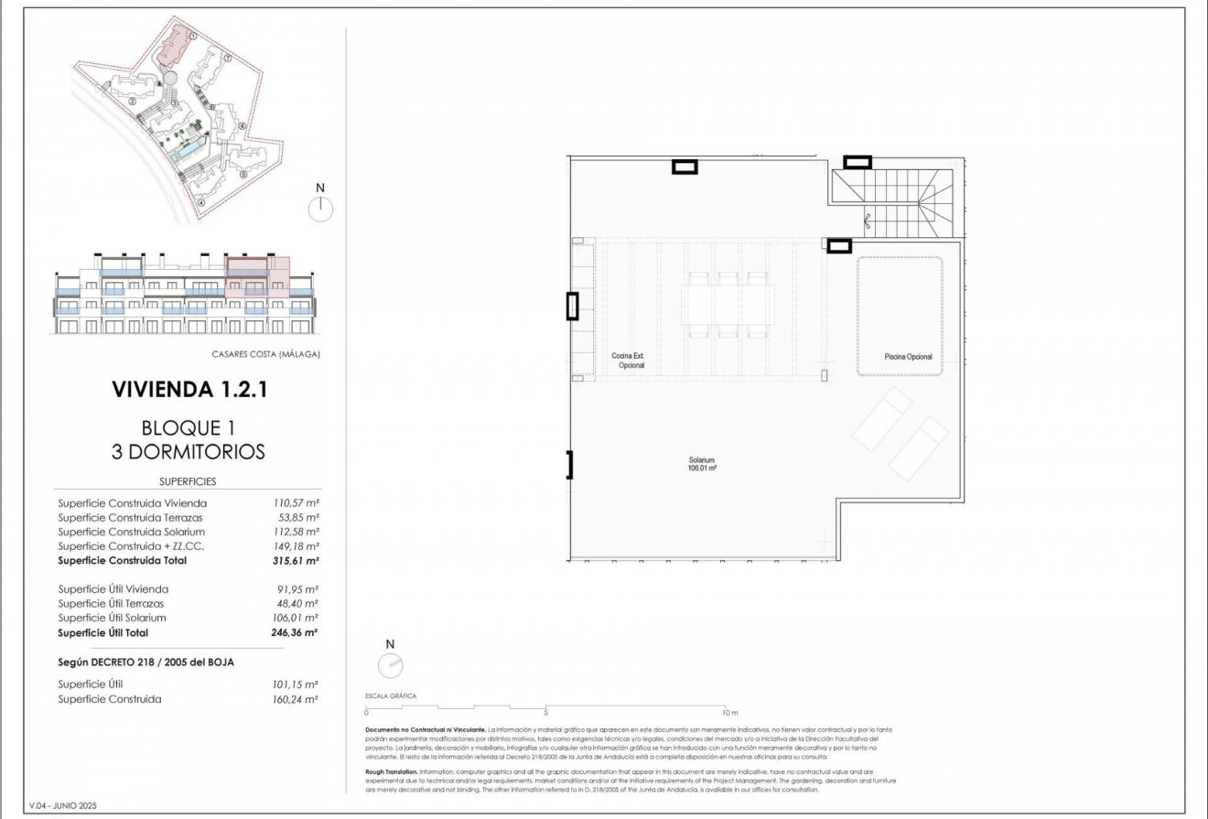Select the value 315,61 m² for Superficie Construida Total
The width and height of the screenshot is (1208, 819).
tap(296, 560)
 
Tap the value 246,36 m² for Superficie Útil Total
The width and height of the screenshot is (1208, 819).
tap(296, 632)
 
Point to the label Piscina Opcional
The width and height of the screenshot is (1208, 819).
tap(908, 357)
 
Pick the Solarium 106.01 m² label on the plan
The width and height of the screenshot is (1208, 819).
tap(702, 464)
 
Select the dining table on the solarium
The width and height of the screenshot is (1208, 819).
tap(728, 306)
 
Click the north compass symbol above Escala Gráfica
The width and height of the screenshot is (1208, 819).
tap(390, 664)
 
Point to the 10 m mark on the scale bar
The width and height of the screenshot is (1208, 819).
tap(728, 712)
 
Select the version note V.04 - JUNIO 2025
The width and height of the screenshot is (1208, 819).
tap(62, 805)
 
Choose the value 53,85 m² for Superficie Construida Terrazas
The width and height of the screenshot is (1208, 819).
tap(297, 517)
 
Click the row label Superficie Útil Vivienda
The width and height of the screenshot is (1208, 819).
tap(113, 589)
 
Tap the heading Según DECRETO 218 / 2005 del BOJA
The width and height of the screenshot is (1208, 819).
tap(146, 662)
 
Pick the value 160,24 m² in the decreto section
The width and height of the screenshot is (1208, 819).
tap(296, 699)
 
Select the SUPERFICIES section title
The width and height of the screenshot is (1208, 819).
tap(188, 481)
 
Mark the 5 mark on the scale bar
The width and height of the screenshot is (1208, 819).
tap(545, 712)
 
